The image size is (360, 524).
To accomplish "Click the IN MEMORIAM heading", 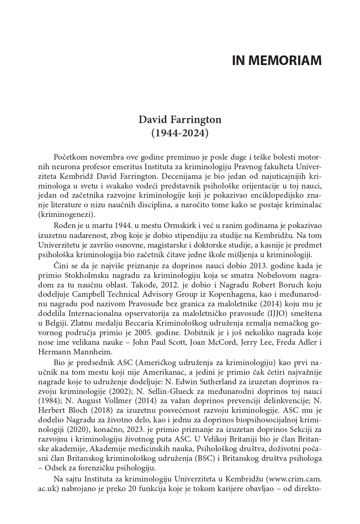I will (277, 61).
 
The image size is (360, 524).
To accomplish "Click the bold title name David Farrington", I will (180, 120).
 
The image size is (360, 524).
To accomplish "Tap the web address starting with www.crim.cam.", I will (294, 479).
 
